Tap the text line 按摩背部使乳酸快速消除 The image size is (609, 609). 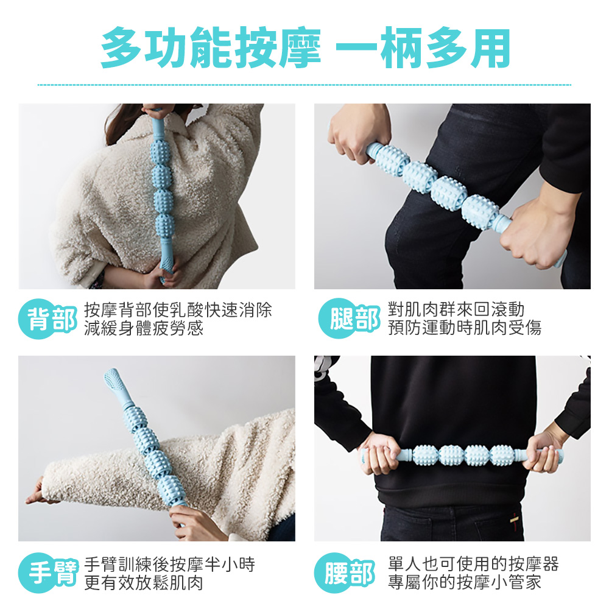[x=178, y=311]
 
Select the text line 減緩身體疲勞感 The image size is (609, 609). [x=144, y=329]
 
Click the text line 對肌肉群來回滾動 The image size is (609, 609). [x=456, y=311]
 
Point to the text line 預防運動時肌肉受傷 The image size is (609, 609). [x=465, y=329]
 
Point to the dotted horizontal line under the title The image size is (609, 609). [x=304, y=85]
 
